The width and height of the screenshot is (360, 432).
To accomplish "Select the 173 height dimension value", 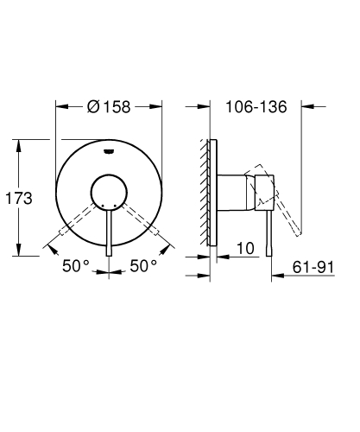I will pos(18,198).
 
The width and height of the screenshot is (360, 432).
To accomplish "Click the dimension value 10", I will pos(244,248).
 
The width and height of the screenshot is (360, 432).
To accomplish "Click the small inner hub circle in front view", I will pos(109,191).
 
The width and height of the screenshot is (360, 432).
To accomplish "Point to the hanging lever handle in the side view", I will pos(270,225).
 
